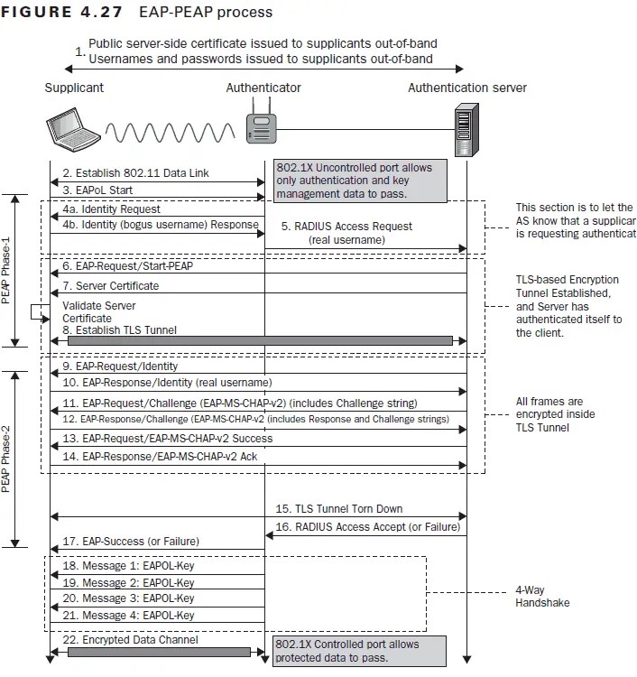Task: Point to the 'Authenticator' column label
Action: pyautogui.click(x=263, y=88)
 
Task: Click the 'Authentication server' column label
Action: pyautogui.click(x=466, y=88)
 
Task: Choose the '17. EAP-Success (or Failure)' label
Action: pyautogui.click(x=131, y=542)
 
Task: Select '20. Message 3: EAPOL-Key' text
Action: pyautogui.click(x=129, y=598)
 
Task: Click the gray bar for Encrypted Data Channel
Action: pyautogui.click(x=157, y=652)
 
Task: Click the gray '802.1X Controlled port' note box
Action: pyautogui.click(x=358, y=650)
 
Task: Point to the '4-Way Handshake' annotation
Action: pyautogui.click(x=541, y=598)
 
